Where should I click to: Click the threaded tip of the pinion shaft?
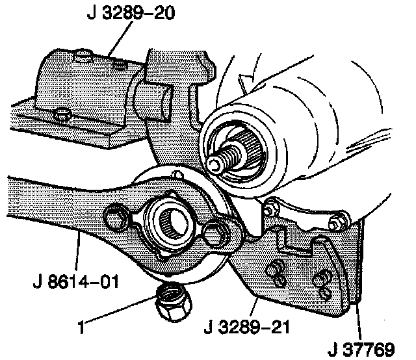[218, 160]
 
